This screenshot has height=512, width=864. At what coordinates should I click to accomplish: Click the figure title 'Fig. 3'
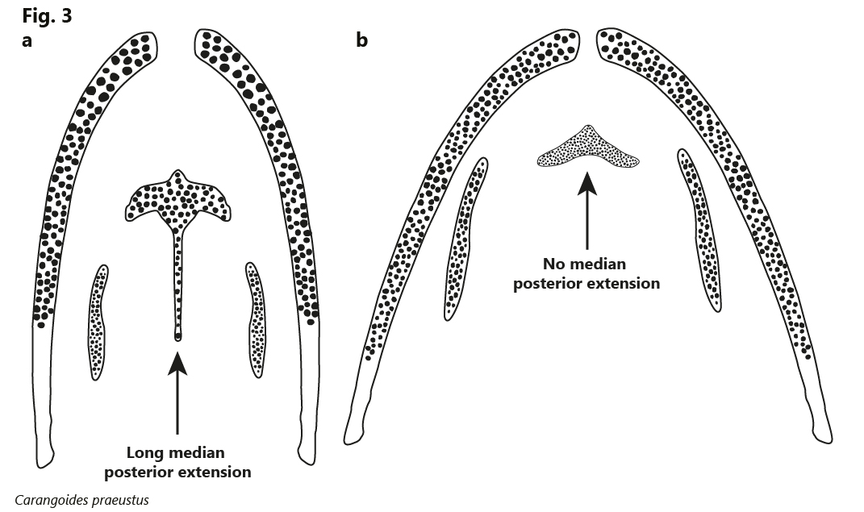[x=47, y=16]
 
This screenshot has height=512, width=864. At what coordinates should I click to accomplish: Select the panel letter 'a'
[x=27, y=41]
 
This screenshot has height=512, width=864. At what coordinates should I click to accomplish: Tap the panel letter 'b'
[x=362, y=40]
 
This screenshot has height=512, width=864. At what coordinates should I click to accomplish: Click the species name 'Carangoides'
[x=48, y=501]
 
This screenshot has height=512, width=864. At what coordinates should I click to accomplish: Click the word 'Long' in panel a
[x=144, y=453]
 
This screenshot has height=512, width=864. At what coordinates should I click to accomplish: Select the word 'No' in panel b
[x=553, y=264]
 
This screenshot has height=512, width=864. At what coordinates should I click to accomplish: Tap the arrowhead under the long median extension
[x=177, y=364]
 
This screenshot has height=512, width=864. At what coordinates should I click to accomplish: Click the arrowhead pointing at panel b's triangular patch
[x=587, y=184]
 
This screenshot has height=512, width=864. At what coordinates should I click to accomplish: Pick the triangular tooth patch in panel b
[x=588, y=148]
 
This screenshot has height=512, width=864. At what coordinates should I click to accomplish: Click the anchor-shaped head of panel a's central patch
[x=177, y=199]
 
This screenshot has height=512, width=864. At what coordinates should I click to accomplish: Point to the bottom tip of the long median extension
[x=177, y=340]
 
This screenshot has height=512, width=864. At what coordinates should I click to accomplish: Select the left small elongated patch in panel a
[x=98, y=322]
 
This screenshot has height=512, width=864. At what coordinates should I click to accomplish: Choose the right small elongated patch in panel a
[x=256, y=319]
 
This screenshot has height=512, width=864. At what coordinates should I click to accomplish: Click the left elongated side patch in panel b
[x=465, y=239]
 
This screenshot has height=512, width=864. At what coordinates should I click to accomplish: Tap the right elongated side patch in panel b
[x=699, y=230]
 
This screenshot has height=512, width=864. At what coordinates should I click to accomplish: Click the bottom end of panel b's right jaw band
[x=823, y=439]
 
